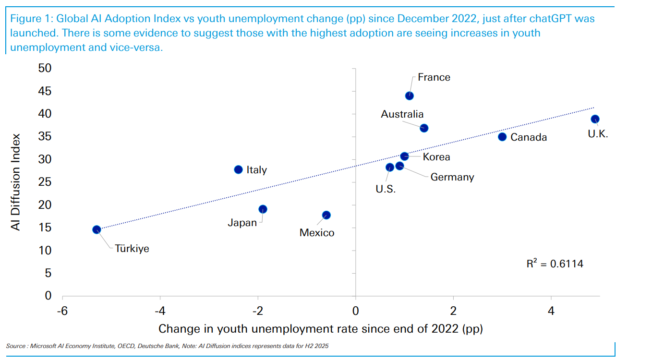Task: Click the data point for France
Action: pyautogui.click(x=410, y=96)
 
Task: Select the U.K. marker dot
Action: pyautogui.click(x=595, y=119)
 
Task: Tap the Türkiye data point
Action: pyautogui.click(x=97, y=229)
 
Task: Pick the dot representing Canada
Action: pyautogui.click(x=502, y=137)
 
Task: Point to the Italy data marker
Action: pyautogui.click(x=238, y=169)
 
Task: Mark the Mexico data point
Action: pyautogui.click(x=326, y=215)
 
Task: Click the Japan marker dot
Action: pyautogui.click(x=263, y=209)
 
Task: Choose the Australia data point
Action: pyautogui.click(x=424, y=128)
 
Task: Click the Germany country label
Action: pyautogui.click(x=452, y=177)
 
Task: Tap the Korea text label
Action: pyautogui.click(x=436, y=157)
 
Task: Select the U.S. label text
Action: pyautogui.click(x=386, y=189)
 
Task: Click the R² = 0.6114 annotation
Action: pyautogui.click(x=555, y=264)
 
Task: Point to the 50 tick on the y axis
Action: pyautogui.click(x=45, y=69)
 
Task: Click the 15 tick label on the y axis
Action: pyautogui.click(x=45, y=228)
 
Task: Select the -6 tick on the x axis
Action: pyautogui.click(x=62, y=311)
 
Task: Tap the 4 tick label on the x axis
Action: pyautogui.click(x=551, y=311)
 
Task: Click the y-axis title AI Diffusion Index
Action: pyautogui.click(x=16, y=182)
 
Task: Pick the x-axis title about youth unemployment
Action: pyautogui.click(x=320, y=329)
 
